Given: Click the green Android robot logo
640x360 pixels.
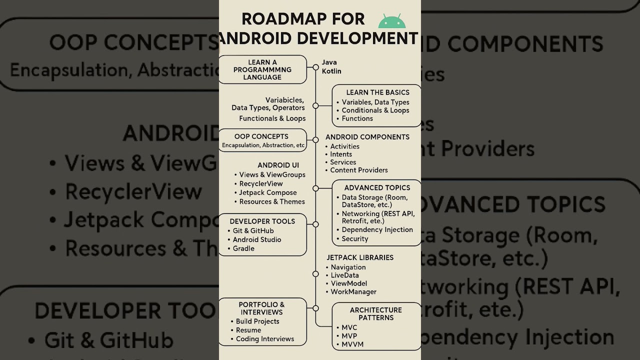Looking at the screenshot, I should pos(392,21).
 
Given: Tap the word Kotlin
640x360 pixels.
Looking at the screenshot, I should pos(331,71).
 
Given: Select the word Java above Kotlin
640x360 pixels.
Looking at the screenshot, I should pos(329,62).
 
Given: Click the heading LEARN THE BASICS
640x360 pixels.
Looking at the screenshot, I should pos(377,92).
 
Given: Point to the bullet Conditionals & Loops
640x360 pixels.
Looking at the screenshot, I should pos(375,110).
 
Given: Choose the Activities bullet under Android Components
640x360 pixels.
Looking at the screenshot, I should pos(344,146).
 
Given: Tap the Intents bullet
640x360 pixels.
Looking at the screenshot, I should pos(341,154).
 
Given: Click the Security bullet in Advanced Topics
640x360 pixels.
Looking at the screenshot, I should pos(354,239).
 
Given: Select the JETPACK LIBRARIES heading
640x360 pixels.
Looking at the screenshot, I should pos(360,257).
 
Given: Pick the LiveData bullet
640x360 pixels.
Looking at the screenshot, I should pos(344,275).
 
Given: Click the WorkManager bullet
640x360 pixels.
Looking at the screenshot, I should pos(353,292).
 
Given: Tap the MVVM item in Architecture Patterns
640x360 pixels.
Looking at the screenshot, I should pos(352,344).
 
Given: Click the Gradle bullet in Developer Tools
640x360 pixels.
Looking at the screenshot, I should pos(243,248).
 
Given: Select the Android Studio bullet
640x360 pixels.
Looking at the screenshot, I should pos(256,240).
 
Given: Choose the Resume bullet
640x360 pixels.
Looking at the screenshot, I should pos(248,330).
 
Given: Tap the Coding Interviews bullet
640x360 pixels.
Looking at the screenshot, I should pos(265,339).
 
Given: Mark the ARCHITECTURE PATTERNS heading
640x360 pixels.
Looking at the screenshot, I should pos(375,314).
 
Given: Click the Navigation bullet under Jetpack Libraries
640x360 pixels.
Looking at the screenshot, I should pos(348,267).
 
